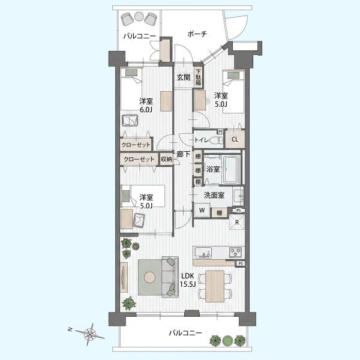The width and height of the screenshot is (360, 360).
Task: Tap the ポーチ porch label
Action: (197, 34)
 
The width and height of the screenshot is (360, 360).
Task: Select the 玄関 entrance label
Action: (184, 77)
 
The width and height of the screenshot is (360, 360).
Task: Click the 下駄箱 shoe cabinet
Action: (199, 77)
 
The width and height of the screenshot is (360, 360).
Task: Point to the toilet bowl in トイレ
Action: (217, 140)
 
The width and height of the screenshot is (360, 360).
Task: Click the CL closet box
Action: (235, 139)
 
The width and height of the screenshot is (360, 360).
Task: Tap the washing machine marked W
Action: (202, 210)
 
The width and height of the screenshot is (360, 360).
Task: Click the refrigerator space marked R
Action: (237, 222)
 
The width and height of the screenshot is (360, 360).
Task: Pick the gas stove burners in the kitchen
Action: (236, 253)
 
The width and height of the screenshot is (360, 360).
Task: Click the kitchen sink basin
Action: (203, 253)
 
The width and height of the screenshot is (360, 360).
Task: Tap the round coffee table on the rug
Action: (149, 277)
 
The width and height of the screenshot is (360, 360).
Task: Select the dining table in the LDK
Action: (215, 286)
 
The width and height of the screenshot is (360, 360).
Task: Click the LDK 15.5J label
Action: (188, 280)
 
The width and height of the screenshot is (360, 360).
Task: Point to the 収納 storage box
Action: (166, 159)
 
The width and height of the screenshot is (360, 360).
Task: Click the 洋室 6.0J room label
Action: (146, 105)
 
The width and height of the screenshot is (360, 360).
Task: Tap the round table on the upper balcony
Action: (139, 16)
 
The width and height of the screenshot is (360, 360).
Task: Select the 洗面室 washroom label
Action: (214, 195)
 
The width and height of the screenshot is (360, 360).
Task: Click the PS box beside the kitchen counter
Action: (241, 263)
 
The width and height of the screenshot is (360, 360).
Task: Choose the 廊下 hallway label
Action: (184, 154)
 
